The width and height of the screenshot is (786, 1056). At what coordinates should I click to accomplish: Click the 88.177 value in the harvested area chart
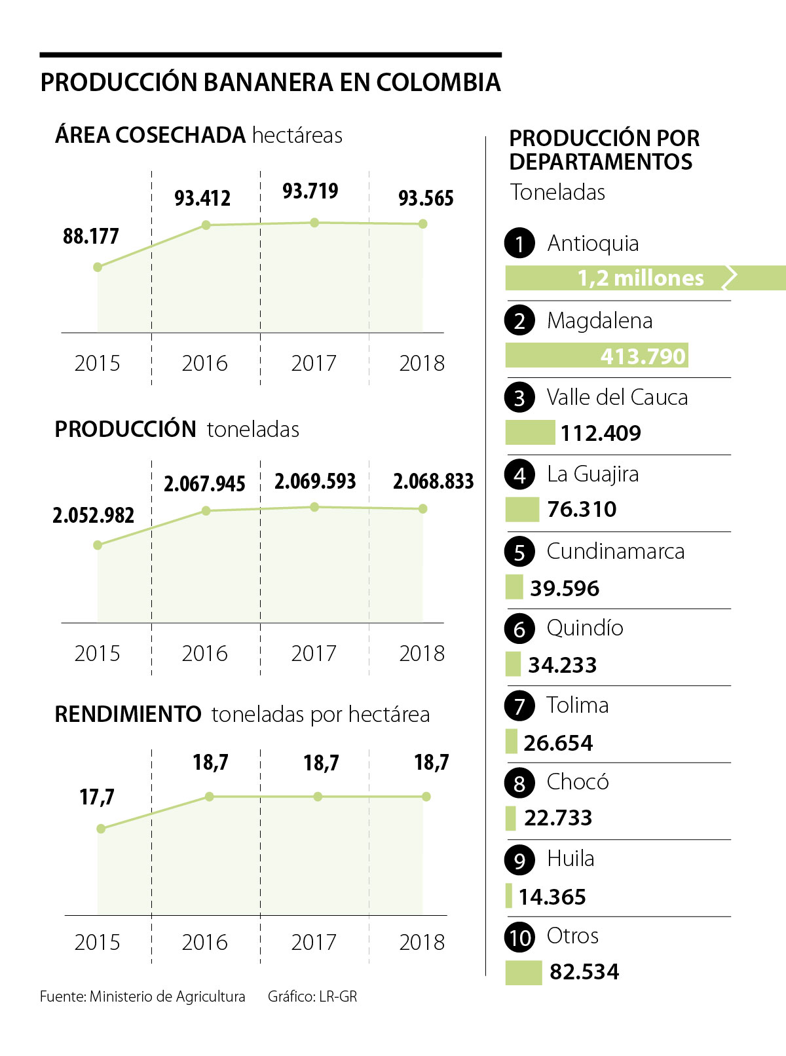(x=91, y=236)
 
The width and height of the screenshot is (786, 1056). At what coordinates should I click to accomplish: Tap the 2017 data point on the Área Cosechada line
(x=314, y=223)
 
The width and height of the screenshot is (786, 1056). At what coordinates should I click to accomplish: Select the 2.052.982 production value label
(x=93, y=516)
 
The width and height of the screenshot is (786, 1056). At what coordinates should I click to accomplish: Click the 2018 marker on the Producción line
(x=423, y=508)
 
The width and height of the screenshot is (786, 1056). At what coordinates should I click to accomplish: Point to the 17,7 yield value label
(x=97, y=797)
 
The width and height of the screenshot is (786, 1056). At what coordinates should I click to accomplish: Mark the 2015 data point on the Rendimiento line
(x=101, y=829)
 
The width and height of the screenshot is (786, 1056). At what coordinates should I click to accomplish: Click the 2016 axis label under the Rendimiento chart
(x=205, y=942)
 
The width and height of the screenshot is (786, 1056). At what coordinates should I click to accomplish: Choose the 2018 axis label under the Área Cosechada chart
(x=422, y=363)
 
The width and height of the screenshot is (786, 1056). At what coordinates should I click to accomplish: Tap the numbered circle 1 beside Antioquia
(x=520, y=243)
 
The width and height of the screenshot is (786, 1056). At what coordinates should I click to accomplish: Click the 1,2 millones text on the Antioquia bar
(x=641, y=278)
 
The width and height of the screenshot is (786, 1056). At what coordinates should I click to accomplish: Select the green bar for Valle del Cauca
(x=530, y=433)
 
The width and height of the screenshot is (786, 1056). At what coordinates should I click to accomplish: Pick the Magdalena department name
(x=599, y=320)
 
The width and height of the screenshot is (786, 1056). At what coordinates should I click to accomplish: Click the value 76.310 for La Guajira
(x=582, y=509)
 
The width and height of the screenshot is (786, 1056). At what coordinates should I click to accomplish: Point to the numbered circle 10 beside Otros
(x=520, y=937)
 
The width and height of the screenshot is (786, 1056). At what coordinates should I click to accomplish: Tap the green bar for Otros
(x=523, y=972)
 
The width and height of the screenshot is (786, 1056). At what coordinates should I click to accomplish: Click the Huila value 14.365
(x=552, y=897)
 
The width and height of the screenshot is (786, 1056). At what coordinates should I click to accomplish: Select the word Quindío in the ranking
(x=585, y=628)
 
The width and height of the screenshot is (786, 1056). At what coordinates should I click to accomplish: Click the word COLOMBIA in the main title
(x=438, y=83)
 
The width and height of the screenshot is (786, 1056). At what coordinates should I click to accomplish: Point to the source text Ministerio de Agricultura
(x=167, y=996)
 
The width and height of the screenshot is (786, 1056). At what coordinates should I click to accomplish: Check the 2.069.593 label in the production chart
(x=315, y=481)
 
